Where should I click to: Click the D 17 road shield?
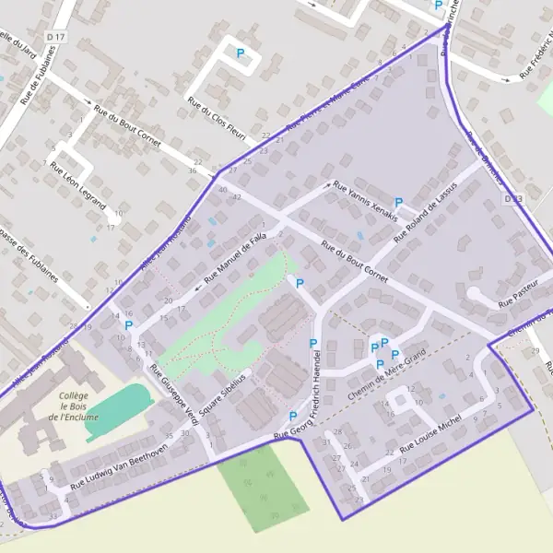coord(60,37)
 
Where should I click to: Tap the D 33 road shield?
coord(513,198)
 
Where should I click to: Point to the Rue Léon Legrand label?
coord(78,186)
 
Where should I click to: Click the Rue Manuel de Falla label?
coord(235,255)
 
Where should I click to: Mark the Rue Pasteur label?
coord(517,294)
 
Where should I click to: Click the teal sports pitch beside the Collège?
coord(118,412)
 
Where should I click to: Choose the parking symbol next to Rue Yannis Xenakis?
coord(399,203)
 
